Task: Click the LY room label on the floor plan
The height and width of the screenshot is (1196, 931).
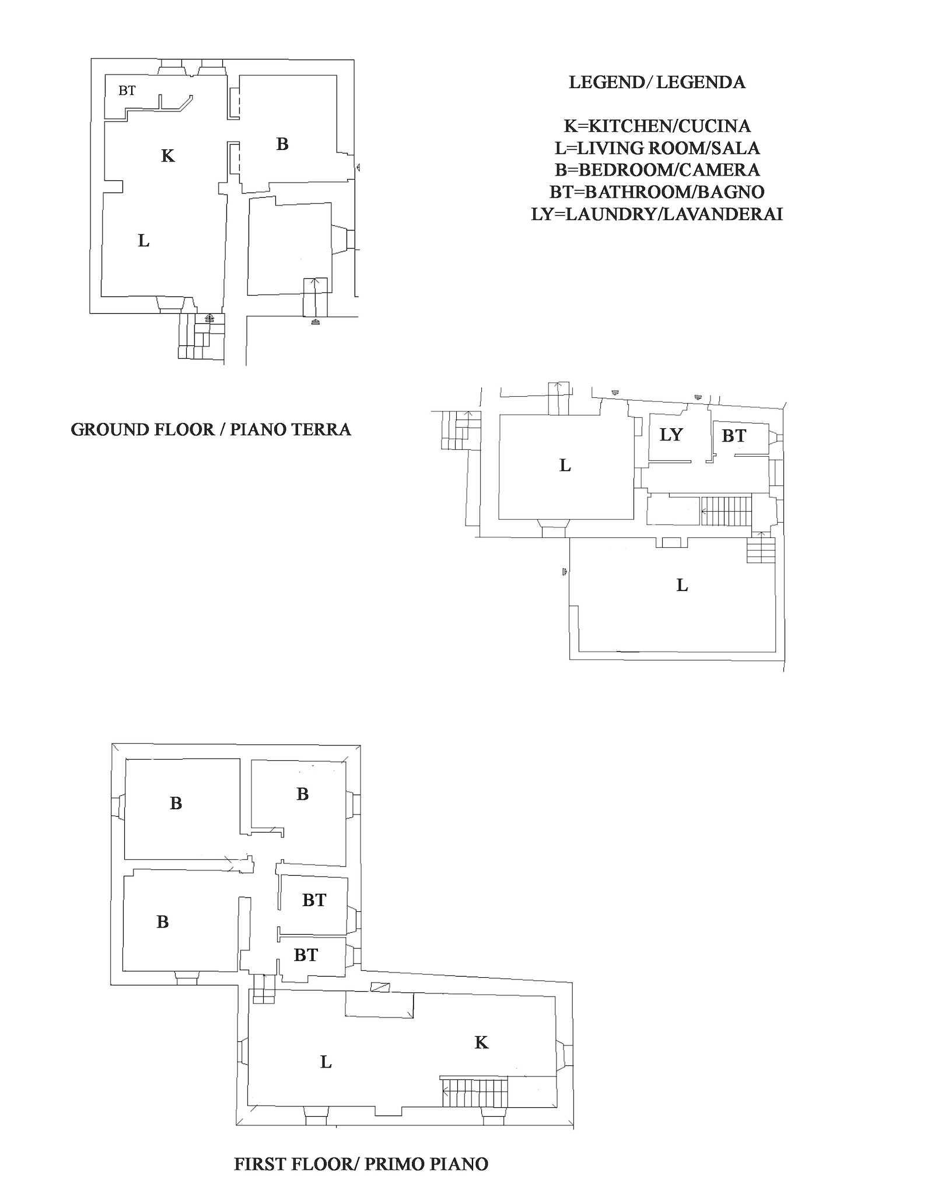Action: click(671, 435)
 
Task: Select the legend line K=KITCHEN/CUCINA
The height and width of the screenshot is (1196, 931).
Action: click(657, 126)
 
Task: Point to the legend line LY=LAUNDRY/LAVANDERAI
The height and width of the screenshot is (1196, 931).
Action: click(657, 214)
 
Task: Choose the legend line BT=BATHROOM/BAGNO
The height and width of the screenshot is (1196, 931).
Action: click(657, 192)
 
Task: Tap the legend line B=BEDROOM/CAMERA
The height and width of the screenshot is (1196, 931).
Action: click(657, 170)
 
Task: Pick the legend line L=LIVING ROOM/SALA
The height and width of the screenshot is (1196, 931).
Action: click(657, 148)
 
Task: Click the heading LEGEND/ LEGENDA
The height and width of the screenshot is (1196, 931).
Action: click(657, 82)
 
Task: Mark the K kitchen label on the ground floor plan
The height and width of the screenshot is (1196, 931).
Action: click(168, 156)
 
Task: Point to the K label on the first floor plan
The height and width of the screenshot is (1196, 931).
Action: click(481, 1042)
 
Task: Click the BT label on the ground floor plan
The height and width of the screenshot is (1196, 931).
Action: click(127, 90)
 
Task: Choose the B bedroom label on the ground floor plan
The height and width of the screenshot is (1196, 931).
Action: click(282, 144)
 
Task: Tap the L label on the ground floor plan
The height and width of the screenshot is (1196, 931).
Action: click(143, 240)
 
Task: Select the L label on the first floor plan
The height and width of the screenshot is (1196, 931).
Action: click(326, 1062)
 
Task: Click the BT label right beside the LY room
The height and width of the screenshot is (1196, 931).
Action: click(734, 435)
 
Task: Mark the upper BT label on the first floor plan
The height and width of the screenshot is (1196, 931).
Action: click(314, 900)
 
